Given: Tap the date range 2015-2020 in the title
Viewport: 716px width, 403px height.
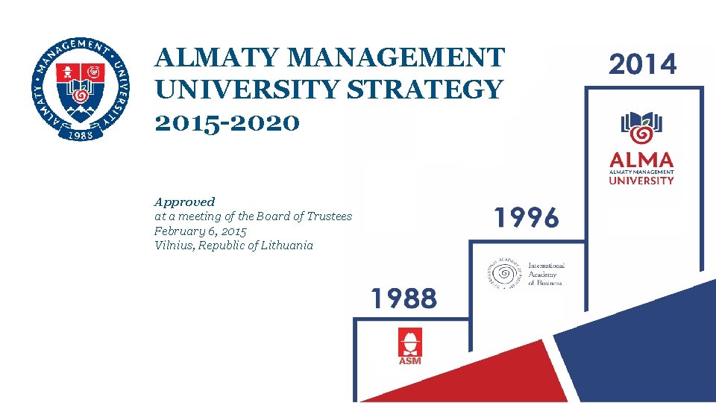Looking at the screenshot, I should coord(227,122).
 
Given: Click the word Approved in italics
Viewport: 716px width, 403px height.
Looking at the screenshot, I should coord(184,201).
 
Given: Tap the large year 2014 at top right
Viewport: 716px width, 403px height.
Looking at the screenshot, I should coord(643,64).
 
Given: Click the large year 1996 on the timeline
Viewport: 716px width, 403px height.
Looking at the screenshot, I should coord(526,218).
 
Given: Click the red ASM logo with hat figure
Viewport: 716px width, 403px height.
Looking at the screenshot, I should coord(409,346).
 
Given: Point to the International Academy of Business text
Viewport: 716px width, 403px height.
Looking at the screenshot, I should coord(546,274).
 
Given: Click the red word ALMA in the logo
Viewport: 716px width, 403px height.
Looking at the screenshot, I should coord(641,160).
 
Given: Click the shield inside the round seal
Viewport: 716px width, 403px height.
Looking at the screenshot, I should coord(81,89).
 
